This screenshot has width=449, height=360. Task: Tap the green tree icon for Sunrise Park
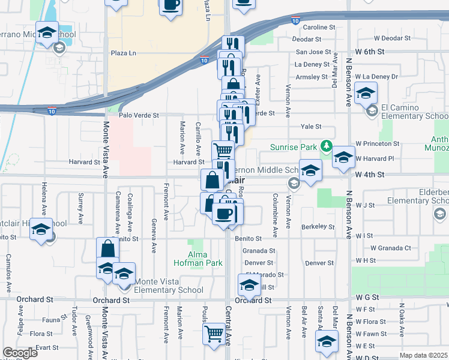coord(326,146)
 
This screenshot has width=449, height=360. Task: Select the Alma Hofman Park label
coord(198,259)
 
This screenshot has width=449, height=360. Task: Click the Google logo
coord(20,353)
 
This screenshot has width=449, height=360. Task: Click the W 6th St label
coord(369,52)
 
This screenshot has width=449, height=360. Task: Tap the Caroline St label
coord(318,28)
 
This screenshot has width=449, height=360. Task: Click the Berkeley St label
coord(318,227)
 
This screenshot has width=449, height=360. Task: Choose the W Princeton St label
coord(377,144)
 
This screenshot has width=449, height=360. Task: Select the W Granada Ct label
coord(390,247)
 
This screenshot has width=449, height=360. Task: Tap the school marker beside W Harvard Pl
coord(343,157)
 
